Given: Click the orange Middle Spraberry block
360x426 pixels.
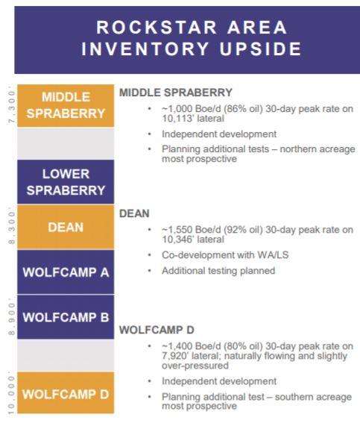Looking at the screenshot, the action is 66,105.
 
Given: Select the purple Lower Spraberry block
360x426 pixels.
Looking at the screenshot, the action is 66,182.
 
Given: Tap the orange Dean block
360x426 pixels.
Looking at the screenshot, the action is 66,227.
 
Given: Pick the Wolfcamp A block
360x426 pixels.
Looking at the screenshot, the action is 66,272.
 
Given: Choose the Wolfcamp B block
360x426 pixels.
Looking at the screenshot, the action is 66,317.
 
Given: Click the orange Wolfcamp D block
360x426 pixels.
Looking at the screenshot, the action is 66,392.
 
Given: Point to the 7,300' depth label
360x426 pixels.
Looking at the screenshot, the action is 12,105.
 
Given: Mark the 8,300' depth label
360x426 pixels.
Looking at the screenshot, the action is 12,226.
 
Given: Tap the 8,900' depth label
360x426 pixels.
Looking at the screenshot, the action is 12,317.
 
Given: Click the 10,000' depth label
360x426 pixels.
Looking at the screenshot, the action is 12,393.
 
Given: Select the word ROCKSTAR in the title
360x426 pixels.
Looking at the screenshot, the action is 157,28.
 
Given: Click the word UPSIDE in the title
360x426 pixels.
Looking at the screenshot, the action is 260,49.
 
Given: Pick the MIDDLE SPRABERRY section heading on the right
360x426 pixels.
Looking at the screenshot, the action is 176,93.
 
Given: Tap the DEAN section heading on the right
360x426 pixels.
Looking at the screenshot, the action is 134,213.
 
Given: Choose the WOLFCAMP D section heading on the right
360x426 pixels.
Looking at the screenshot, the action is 157,330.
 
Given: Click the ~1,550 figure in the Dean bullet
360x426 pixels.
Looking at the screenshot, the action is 177,230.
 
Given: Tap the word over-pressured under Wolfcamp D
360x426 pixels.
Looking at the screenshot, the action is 195,366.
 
